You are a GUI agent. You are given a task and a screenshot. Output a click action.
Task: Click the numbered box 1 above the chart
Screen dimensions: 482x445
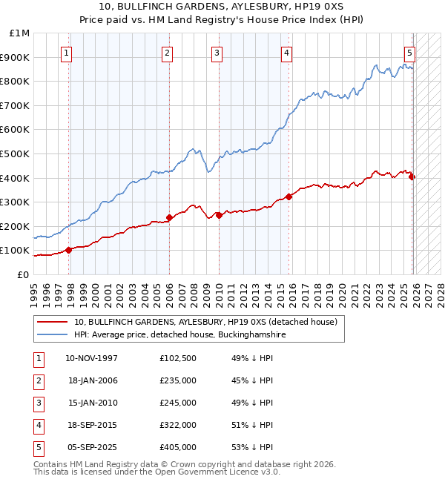coord(67,53)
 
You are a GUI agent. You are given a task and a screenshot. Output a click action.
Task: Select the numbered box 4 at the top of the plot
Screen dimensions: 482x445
coord(286,53)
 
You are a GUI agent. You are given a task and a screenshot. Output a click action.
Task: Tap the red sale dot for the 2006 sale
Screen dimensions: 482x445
coord(169,218)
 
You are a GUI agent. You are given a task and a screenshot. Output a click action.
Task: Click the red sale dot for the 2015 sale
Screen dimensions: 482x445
coord(289,197)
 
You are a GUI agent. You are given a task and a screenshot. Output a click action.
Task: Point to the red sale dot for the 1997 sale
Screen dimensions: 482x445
coord(69,250)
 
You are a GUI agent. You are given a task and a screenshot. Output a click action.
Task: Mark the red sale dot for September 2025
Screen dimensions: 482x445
coord(412,176)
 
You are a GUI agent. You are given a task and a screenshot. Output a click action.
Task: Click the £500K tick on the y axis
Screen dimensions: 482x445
coord(18,153)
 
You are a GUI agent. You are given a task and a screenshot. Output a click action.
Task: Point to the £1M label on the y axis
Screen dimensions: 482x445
coord(20,33)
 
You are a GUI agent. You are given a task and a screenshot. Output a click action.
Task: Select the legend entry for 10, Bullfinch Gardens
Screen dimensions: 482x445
coord(205,322)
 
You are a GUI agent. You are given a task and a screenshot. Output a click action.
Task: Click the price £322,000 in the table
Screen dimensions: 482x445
coord(178,425)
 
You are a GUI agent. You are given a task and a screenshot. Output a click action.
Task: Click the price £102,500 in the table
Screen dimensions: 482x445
coord(178,358)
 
